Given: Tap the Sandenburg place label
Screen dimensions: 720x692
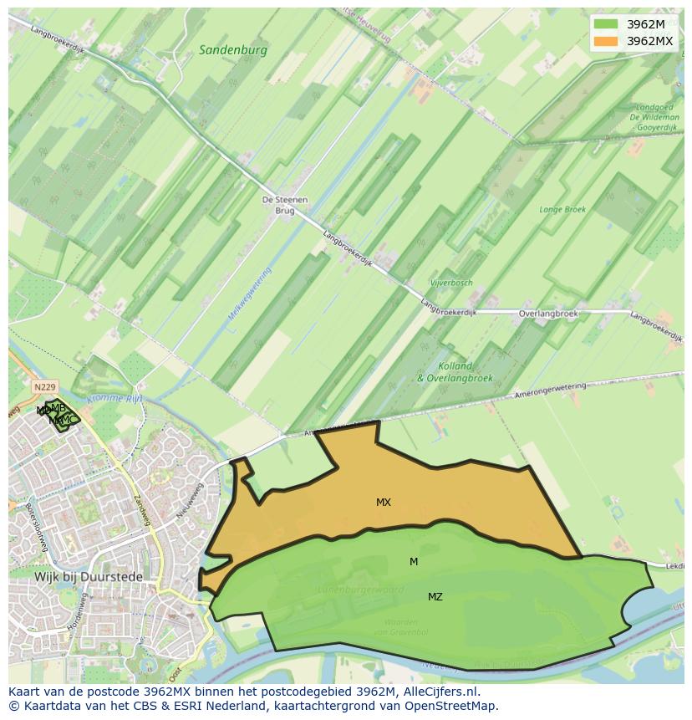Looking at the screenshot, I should (x=232, y=50).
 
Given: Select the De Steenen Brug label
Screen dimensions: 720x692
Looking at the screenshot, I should (x=285, y=206).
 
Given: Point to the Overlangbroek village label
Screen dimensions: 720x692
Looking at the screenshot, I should (x=547, y=314).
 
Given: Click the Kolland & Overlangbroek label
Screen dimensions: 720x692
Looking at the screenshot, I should (x=455, y=372).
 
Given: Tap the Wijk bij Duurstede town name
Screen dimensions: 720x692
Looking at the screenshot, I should (x=88, y=577).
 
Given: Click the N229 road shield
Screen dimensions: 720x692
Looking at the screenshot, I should (x=44, y=387).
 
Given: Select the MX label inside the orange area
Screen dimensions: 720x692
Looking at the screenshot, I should (x=383, y=503).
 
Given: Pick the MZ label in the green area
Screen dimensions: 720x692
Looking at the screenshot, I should (x=435, y=597).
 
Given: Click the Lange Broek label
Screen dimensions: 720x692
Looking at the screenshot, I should (x=562, y=210).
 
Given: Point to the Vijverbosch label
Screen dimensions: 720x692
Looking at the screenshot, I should (x=451, y=283).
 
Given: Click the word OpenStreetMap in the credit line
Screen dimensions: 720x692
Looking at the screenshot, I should (x=456, y=706).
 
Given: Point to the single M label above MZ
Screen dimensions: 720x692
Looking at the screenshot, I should (x=413, y=562).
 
